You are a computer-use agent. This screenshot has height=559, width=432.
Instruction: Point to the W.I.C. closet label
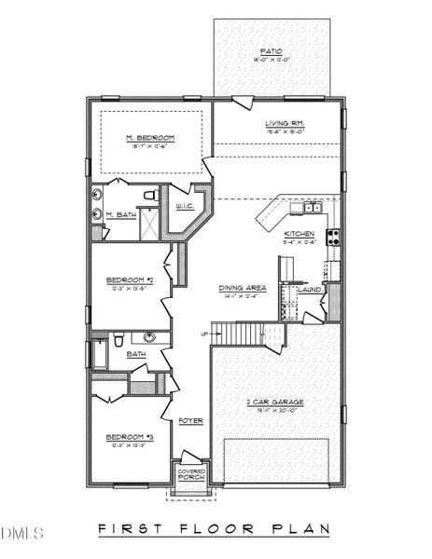coord(185,210)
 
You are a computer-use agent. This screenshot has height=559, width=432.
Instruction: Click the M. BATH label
coord(118,215)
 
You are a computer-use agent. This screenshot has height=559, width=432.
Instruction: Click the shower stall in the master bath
coord(149,228)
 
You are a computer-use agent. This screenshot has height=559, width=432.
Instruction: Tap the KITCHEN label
coord(300,234)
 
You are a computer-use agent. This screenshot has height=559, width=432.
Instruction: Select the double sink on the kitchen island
coord(312,207)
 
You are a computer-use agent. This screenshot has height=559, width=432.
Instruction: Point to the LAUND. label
coord(310,290)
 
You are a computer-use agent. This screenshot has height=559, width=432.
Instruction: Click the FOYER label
coord(191,419)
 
